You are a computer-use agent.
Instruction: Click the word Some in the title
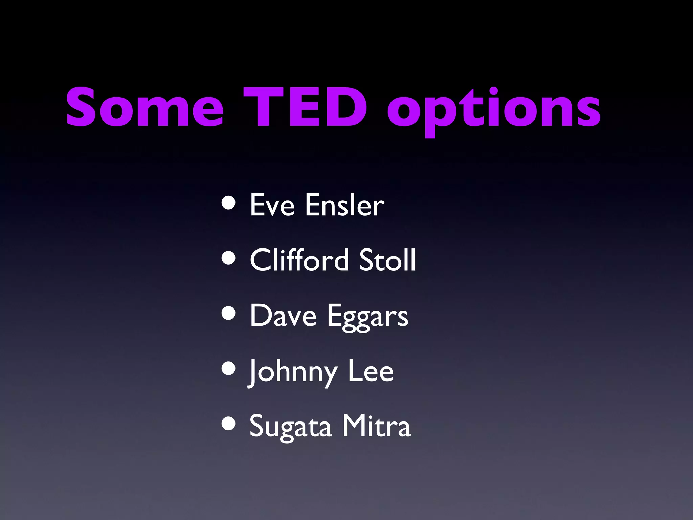click(x=145, y=108)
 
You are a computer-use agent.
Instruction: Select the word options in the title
click(x=494, y=110)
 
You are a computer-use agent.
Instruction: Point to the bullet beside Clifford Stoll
click(x=229, y=258)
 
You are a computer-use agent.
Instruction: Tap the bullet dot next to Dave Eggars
click(x=229, y=313)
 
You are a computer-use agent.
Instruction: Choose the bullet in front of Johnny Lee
click(x=229, y=369)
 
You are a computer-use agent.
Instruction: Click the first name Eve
click(x=272, y=205)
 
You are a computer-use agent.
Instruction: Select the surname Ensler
click(x=344, y=205)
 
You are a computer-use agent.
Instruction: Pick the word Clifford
click(x=299, y=260)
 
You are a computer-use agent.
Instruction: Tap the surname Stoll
click(x=387, y=260)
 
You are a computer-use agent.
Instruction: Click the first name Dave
click(x=283, y=316)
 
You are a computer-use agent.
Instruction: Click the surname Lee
click(x=371, y=371)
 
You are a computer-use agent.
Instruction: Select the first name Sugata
click(x=290, y=427)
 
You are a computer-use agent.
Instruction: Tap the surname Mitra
click(x=376, y=426)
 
